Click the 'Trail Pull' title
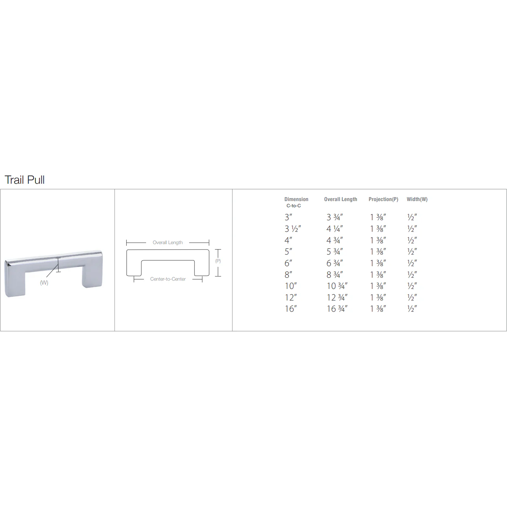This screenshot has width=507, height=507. click(x=25, y=180)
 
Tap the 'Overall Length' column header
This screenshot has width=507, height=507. click(x=340, y=199)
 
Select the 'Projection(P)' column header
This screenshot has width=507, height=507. click(x=383, y=199)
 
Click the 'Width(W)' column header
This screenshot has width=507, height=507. click(x=417, y=199)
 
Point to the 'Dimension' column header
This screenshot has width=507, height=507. click(x=296, y=199)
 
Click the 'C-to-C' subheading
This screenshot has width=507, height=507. click(x=294, y=206)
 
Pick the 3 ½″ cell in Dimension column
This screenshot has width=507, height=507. click(x=293, y=229)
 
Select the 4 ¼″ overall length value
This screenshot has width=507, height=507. click(x=335, y=229)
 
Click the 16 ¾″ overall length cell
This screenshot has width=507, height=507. click(x=337, y=309)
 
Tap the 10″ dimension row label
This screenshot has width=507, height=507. click(x=290, y=286)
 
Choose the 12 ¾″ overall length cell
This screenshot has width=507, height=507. click(x=337, y=298)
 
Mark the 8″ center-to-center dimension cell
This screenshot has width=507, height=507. click(x=288, y=275)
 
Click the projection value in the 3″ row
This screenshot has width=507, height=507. click(x=378, y=217)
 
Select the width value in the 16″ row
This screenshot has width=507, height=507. click(x=412, y=309)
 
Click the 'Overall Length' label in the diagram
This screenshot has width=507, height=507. click(x=167, y=243)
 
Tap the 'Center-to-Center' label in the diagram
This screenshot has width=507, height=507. click(x=168, y=279)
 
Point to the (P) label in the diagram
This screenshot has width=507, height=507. click(x=218, y=261)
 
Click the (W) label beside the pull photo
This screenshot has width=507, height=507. click(x=44, y=283)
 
